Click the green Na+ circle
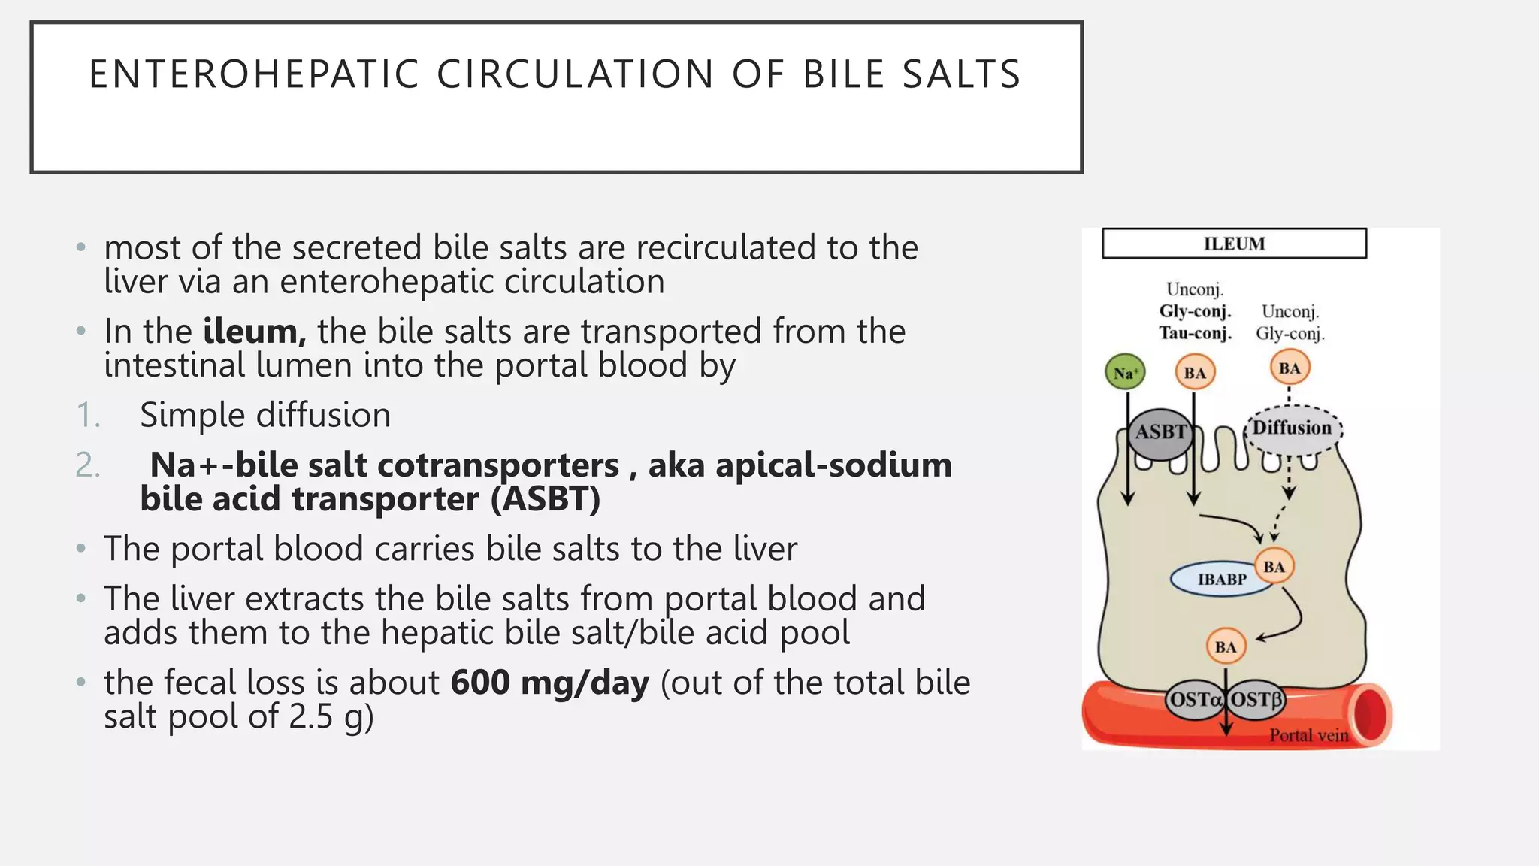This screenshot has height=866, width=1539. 1125,373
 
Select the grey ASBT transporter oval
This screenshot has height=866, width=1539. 1161,433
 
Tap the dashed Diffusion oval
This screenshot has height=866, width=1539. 1293,428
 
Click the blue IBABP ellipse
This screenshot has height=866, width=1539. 1221,580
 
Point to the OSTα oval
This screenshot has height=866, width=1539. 1195,700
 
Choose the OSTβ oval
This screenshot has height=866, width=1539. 1256,700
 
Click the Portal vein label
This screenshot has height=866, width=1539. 1308,735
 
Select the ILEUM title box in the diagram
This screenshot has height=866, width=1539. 1234,244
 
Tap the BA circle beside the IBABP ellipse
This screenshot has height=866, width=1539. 1274,567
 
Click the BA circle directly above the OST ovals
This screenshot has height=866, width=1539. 1226,646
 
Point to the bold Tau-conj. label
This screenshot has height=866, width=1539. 1195,333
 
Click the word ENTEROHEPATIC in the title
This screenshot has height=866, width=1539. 253,74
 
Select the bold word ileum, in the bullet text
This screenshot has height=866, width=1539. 254,332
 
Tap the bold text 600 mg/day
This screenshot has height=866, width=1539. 549,683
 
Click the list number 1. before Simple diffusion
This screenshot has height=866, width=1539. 88,416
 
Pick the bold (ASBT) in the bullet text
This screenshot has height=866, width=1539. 546,499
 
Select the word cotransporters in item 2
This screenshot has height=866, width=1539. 497,465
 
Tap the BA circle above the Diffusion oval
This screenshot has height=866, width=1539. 1290,368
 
